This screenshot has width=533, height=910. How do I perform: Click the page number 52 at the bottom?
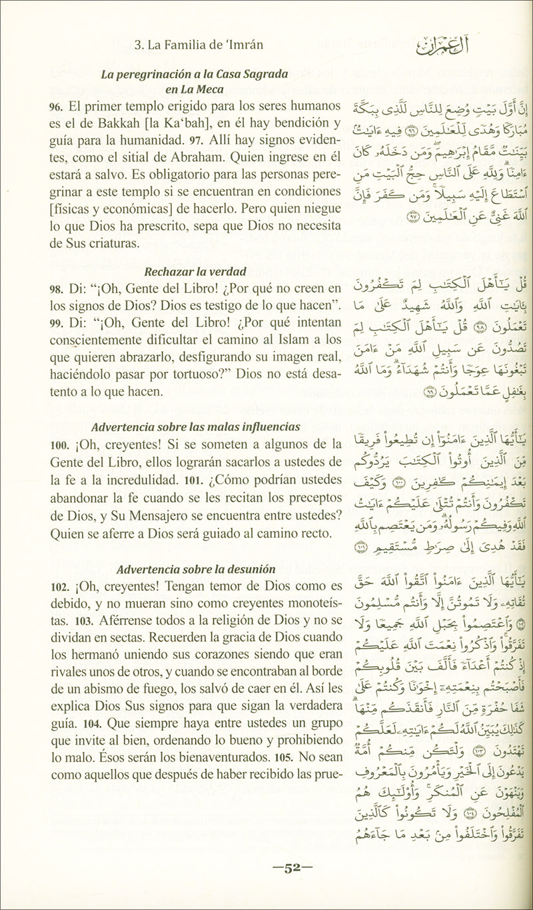(288, 868)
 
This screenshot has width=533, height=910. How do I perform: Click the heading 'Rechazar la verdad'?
(195, 271)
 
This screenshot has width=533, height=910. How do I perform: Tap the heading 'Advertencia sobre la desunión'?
(187, 570)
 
